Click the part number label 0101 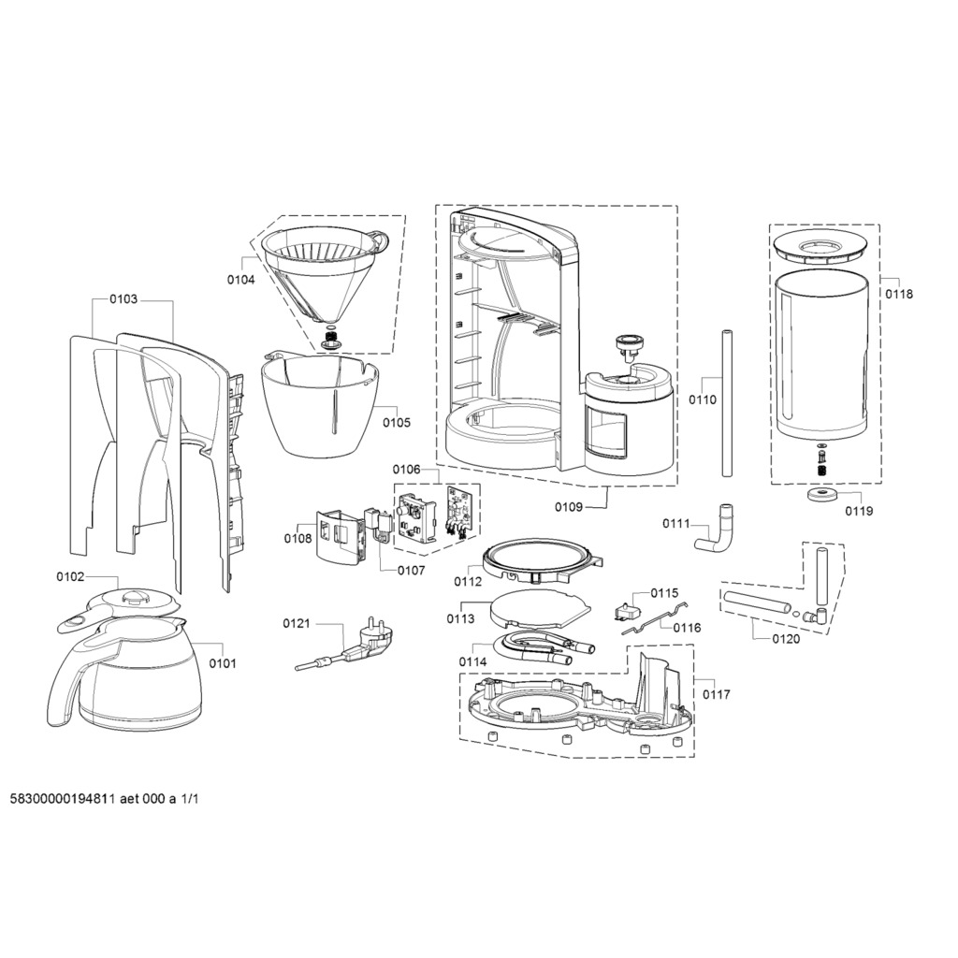[x=223, y=663]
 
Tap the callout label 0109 [x=568, y=506]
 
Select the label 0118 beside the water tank [x=899, y=294]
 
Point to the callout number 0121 [x=297, y=623]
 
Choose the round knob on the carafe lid [x=133, y=597]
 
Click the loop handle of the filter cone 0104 [x=380, y=240]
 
